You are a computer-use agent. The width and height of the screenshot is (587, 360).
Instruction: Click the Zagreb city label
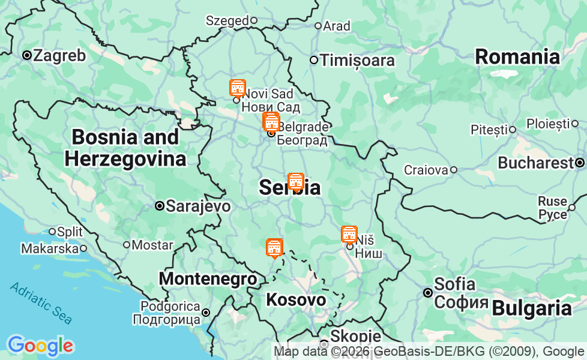tap(59, 56)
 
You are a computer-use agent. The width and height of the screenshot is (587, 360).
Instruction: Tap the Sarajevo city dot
tap(160, 206)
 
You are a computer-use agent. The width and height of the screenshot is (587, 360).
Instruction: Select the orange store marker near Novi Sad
tap(238, 88)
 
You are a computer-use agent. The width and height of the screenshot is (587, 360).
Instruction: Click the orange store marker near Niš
tap(349, 235)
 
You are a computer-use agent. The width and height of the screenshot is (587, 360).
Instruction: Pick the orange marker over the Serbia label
tap(295, 181)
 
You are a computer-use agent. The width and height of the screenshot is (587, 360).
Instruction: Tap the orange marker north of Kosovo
tap(274, 247)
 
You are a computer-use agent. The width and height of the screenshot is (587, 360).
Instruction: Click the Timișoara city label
tap(357, 61)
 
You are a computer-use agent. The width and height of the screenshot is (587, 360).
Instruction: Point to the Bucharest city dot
tap(580, 163)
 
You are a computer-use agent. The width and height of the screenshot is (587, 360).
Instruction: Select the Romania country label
tap(517, 57)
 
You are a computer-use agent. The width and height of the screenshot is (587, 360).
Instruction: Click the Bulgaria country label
tap(531, 308)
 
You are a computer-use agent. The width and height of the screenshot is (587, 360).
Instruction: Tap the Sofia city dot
tap(428, 293)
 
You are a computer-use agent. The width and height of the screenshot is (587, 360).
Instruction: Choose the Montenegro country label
tap(208, 279)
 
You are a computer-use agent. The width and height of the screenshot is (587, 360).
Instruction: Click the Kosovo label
tap(296, 299)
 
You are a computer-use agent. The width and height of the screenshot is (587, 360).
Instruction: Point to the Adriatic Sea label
tap(41, 303)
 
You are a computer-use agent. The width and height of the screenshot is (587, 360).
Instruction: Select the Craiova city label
tap(426, 170)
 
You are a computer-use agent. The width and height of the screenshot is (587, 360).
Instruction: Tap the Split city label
tap(70, 231)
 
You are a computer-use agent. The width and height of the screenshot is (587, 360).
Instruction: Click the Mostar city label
tap(152, 245)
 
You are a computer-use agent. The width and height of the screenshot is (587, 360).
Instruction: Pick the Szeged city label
tap(227, 20)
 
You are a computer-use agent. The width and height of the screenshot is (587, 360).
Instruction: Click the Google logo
tap(40, 346)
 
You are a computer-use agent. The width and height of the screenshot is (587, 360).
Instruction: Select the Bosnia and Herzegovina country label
tap(125, 148)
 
